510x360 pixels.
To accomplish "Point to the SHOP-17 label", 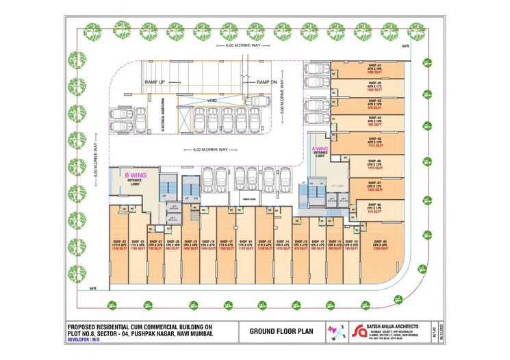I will coord(227,243).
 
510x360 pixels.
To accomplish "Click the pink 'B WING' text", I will coord(133,175).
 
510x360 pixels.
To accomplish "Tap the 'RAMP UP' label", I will coord(155,82).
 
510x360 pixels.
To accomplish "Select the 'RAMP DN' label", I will coord(266,82).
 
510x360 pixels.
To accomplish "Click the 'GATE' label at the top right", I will coord(406,46).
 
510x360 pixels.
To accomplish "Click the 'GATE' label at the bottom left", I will coord(92,290).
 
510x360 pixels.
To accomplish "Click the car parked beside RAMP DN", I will coord(257,101).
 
